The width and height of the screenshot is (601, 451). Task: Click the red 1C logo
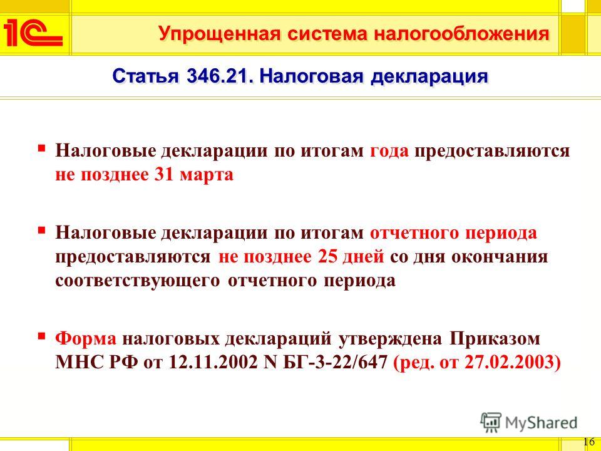click(x=33, y=33)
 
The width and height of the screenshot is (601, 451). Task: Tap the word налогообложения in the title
click(x=461, y=33)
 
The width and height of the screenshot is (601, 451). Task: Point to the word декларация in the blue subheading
click(x=429, y=76)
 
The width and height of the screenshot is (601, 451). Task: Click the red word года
click(x=389, y=151)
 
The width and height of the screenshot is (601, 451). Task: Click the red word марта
click(x=207, y=175)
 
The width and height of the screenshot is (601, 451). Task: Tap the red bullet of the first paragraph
click(x=41, y=147)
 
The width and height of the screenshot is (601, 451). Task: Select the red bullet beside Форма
click(x=41, y=336)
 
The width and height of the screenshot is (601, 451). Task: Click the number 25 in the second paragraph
click(x=327, y=257)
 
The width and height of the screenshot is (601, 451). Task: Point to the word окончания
click(x=500, y=257)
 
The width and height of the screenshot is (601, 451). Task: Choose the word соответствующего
click(x=138, y=281)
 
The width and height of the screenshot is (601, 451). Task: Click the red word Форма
click(x=86, y=339)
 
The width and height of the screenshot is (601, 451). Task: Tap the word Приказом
click(x=495, y=339)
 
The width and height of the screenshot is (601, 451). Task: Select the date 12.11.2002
click(x=213, y=363)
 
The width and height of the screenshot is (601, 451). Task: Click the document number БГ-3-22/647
click(x=335, y=363)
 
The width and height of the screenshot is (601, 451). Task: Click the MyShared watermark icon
click(x=491, y=423)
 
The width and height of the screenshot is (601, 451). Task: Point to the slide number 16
click(x=589, y=441)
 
